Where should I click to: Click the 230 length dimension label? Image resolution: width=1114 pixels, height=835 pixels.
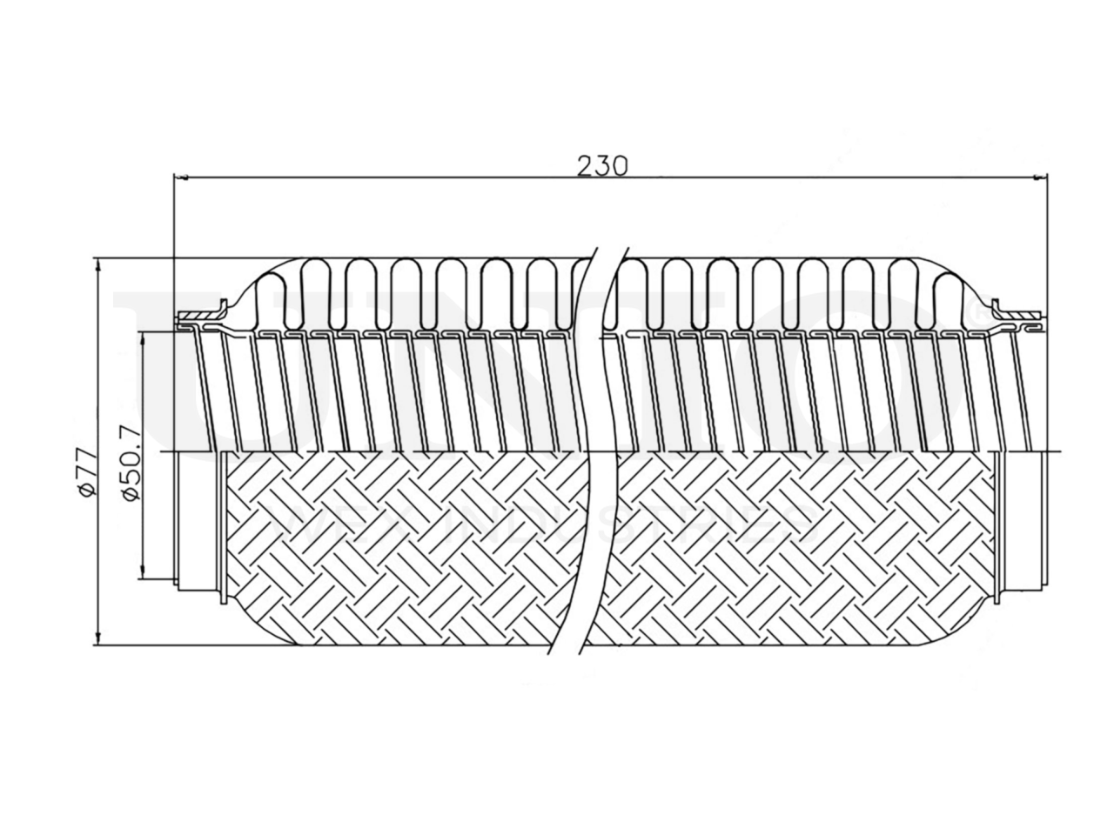click(x=602, y=164)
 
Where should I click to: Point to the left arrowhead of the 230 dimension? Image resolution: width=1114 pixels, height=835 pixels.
click(x=180, y=178)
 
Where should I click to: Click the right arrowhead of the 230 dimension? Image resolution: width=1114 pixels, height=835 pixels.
click(x=1040, y=178)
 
